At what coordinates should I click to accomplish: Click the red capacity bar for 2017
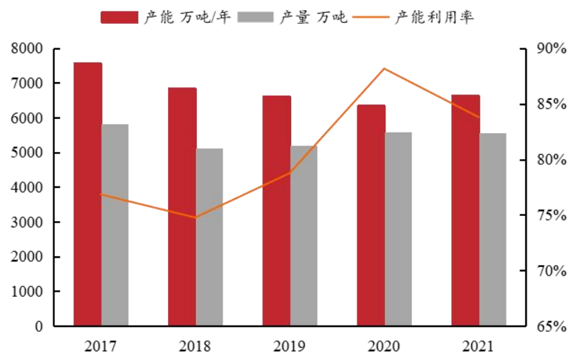coord(87,194)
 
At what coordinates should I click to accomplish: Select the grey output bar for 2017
coord(115,225)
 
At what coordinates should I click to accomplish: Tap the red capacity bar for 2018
coord(182,207)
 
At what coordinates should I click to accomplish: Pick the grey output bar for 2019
coord(303,235)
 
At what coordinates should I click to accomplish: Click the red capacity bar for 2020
coord(371,215)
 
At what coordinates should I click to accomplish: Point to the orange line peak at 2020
coord(384,68)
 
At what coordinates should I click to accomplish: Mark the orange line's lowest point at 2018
coord(195,217)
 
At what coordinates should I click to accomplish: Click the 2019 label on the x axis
coord(290,346)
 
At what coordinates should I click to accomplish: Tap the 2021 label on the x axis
coord(479,346)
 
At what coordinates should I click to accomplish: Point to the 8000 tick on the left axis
coord(27,49)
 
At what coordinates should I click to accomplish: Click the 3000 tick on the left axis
coord(27,222)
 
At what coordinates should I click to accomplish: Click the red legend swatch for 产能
coord(118,17)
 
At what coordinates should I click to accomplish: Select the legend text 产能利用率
coord(434,17)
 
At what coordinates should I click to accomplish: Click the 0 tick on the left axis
coord(38,326)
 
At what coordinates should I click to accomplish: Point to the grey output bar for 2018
coord(209,237)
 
